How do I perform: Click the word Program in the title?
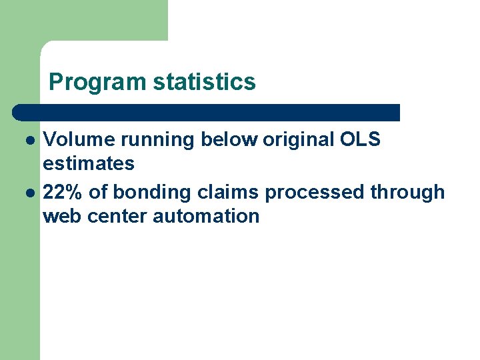pos(97,82)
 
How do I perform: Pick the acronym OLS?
pos(360,139)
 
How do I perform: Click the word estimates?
pos(89,163)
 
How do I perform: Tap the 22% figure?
pos(63,192)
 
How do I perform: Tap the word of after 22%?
pos(97,192)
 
